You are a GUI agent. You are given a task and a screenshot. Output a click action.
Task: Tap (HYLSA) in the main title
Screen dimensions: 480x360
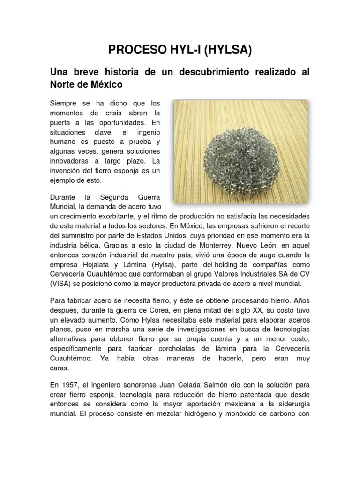[x=225, y=51]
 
